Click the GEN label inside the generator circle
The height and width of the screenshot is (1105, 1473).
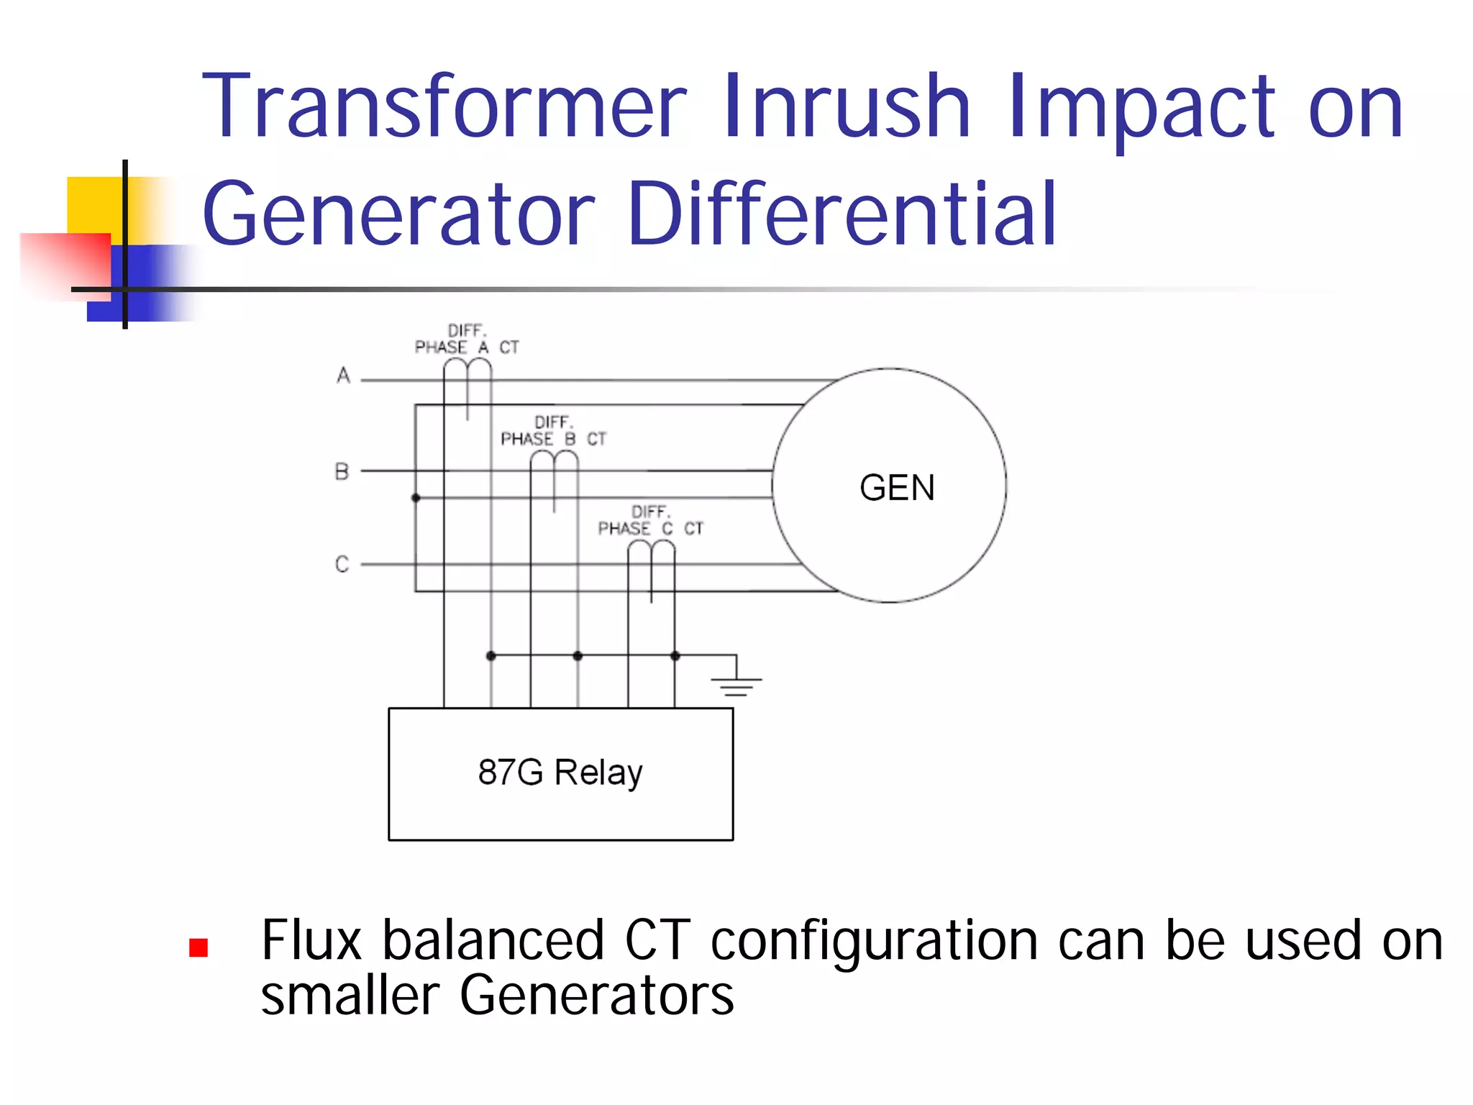coord(897,488)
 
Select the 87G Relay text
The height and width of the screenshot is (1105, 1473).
coord(560,773)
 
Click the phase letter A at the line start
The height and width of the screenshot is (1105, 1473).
coord(343,376)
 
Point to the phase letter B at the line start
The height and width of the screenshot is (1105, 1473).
coord(342,472)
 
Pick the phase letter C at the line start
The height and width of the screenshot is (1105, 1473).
coord(342,564)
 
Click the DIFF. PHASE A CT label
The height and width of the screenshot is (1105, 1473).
coord(467,340)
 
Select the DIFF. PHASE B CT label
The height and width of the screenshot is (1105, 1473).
coord(553,431)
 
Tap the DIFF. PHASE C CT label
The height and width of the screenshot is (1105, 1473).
coord(650,521)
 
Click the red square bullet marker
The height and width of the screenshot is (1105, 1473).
coord(199,947)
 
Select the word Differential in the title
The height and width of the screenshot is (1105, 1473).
coord(842,214)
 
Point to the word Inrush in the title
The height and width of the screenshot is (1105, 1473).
coord(847,106)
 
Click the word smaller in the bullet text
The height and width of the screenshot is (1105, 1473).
coord(350,996)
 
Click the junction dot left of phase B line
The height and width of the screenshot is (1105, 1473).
coord(416,498)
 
